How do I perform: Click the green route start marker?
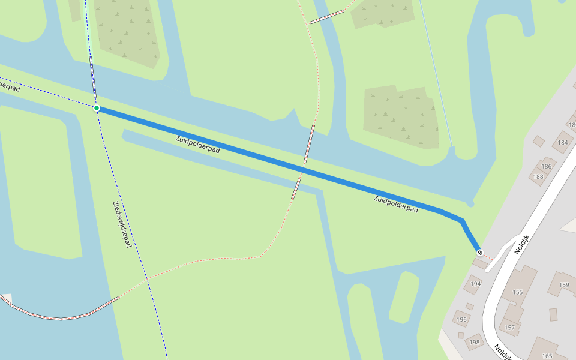tap(96, 108)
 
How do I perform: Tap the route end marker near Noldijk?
tap(479, 253)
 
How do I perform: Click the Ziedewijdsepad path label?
tap(122, 224)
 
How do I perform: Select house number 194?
tap(476, 284)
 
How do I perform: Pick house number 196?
tap(461, 319)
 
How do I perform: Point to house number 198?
tap(475, 342)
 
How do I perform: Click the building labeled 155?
tap(518, 292)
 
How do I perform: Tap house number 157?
tap(510, 327)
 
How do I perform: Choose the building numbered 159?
tap(564, 284)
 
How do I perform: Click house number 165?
tap(547, 356)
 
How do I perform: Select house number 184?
tap(563, 142)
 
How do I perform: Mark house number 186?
tap(547, 166)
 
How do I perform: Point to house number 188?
tap(538, 176)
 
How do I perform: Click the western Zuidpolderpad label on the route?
tap(197, 145)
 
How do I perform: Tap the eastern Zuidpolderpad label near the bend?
tap(395, 203)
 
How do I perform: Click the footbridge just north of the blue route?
tap(309, 144)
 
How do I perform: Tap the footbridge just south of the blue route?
tap(296, 188)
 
